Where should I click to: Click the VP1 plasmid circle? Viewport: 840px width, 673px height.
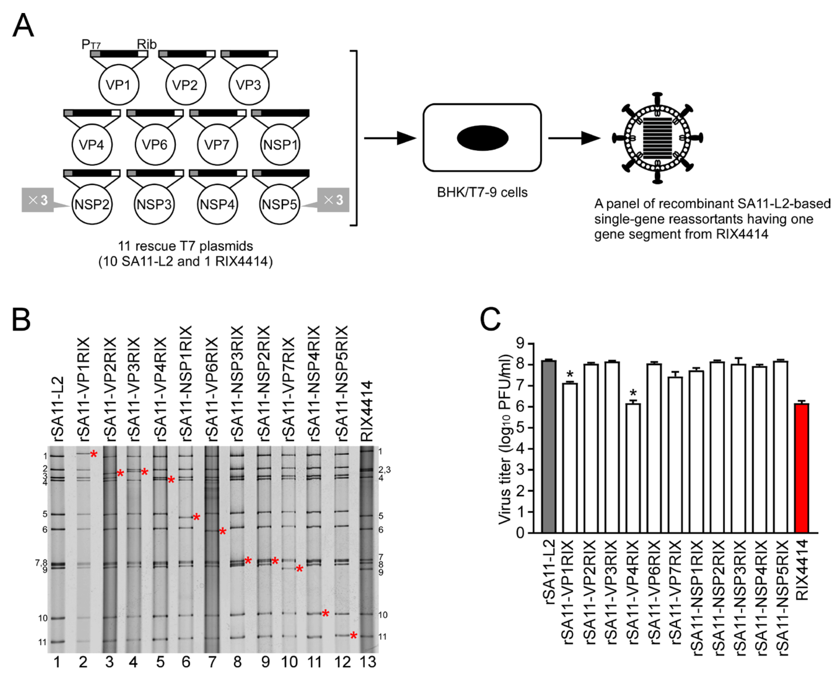coord(119,85)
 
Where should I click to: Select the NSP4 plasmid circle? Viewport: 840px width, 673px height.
coord(217,204)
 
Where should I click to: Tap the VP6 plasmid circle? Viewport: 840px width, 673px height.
coord(155,144)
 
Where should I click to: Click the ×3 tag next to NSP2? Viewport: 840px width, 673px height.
coord(38,200)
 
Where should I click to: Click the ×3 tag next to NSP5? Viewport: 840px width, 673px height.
coord(333,200)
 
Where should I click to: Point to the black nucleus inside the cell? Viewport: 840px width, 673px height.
coord(482,138)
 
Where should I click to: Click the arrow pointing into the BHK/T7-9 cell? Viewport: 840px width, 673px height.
coord(389,138)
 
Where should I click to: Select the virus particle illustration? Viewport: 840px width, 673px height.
coord(658,138)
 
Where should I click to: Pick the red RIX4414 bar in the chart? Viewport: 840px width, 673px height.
coord(802,468)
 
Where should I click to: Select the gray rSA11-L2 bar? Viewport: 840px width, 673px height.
coord(549,446)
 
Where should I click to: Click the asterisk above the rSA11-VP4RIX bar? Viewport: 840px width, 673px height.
coord(633,393)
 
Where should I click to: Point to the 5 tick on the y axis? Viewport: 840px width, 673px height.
coord(520,428)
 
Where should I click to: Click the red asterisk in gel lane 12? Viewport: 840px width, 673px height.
coord(353,636)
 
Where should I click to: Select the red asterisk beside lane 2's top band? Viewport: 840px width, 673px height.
coord(94,454)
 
